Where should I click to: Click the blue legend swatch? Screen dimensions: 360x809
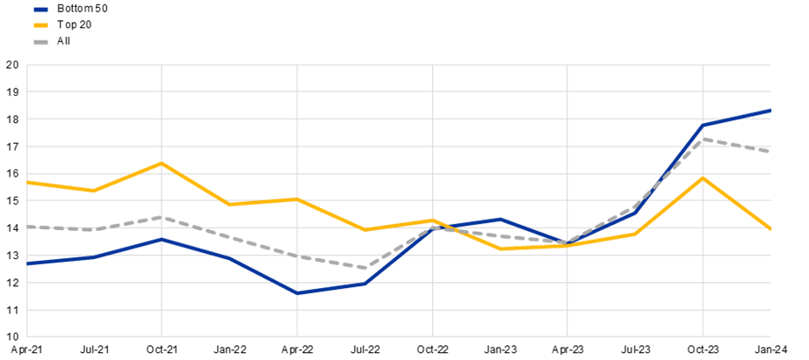point(40,9)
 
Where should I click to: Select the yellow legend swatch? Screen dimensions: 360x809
point(40,25)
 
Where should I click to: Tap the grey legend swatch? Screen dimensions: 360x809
point(40,41)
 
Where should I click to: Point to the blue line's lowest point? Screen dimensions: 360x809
point(298,293)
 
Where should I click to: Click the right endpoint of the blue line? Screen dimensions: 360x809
point(771,111)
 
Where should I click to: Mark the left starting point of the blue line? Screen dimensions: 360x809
point(28,263)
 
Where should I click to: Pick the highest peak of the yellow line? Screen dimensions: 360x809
point(163,163)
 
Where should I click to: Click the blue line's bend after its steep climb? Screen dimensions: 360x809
point(703,126)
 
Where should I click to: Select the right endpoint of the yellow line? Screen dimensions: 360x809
point(771,229)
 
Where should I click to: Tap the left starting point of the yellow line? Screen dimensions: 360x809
point(28,182)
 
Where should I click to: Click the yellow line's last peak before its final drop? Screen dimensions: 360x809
point(702,177)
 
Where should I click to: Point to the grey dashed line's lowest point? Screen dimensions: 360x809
point(365,268)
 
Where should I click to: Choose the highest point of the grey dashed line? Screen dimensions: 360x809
point(703,139)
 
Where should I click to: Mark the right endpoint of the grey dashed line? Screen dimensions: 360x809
point(771,151)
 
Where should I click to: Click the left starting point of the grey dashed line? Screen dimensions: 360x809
point(28,227)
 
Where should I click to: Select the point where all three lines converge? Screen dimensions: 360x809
point(568,244)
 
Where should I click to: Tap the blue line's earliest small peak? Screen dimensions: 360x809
point(163,239)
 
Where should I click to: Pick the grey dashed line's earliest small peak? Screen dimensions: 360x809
point(163,217)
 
